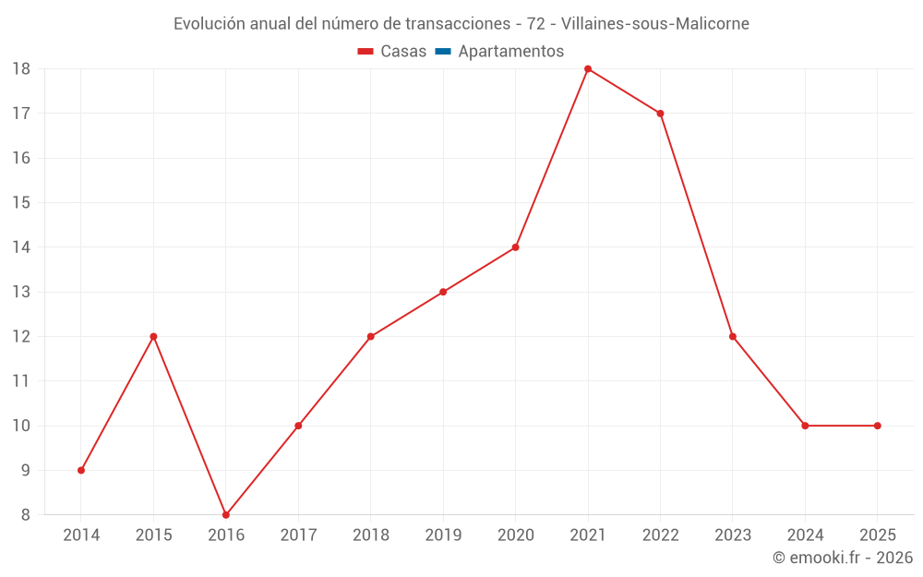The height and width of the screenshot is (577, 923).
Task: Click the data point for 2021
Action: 587,69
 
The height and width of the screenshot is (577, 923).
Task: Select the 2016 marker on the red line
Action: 226,514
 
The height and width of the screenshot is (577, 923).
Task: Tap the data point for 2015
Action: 153,337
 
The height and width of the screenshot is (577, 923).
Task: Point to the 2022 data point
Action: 660,114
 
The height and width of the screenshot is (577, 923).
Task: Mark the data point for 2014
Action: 81,471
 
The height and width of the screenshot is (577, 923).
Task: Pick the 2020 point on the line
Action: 515,247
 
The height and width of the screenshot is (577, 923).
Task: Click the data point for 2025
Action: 877,426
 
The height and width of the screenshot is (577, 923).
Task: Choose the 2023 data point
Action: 732,337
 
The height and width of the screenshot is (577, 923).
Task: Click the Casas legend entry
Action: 392,51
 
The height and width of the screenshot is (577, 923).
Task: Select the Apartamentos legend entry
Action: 499,51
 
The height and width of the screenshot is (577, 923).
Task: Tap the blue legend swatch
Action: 443,51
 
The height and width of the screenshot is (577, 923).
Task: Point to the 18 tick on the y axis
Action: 21,69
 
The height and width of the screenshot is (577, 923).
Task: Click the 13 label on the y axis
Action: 21,292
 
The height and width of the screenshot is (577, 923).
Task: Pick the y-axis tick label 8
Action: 25,515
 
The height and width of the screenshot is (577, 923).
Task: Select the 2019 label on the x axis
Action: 443,535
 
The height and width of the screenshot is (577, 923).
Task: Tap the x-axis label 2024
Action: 805,535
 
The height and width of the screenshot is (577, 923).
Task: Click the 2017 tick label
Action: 298,535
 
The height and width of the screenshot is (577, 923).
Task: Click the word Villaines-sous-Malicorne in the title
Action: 655,24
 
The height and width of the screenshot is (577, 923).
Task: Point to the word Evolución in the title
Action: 209,24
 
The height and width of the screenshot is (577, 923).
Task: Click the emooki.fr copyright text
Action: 843,557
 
